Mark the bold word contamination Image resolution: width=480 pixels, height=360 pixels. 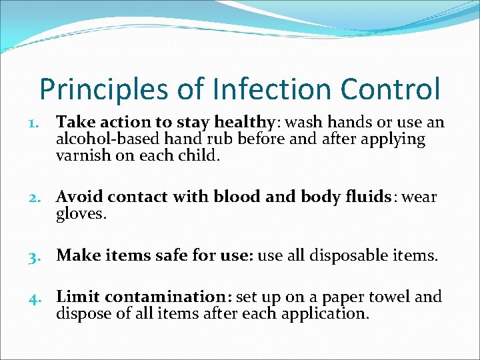(165, 297)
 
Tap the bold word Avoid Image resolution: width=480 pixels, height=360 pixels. (79, 197)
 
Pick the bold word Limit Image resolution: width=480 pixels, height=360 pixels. (78, 297)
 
